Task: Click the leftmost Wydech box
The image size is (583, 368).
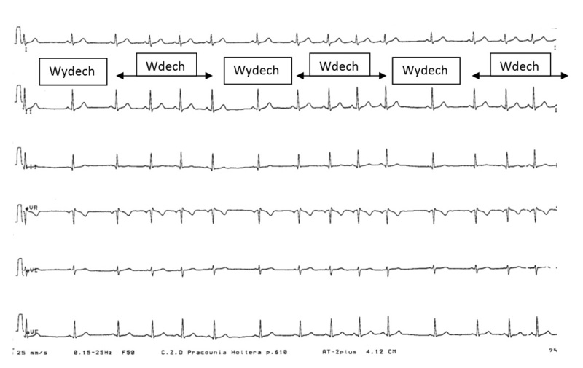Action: (x=74, y=71)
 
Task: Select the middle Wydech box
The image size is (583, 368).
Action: (x=257, y=71)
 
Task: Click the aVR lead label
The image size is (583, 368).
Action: (x=32, y=208)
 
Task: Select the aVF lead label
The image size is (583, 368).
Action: (x=32, y=332)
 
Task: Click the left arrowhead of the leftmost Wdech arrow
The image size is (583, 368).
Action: (x=119, y=75)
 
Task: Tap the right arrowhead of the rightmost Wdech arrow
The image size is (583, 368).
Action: (x=566, y=75)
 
